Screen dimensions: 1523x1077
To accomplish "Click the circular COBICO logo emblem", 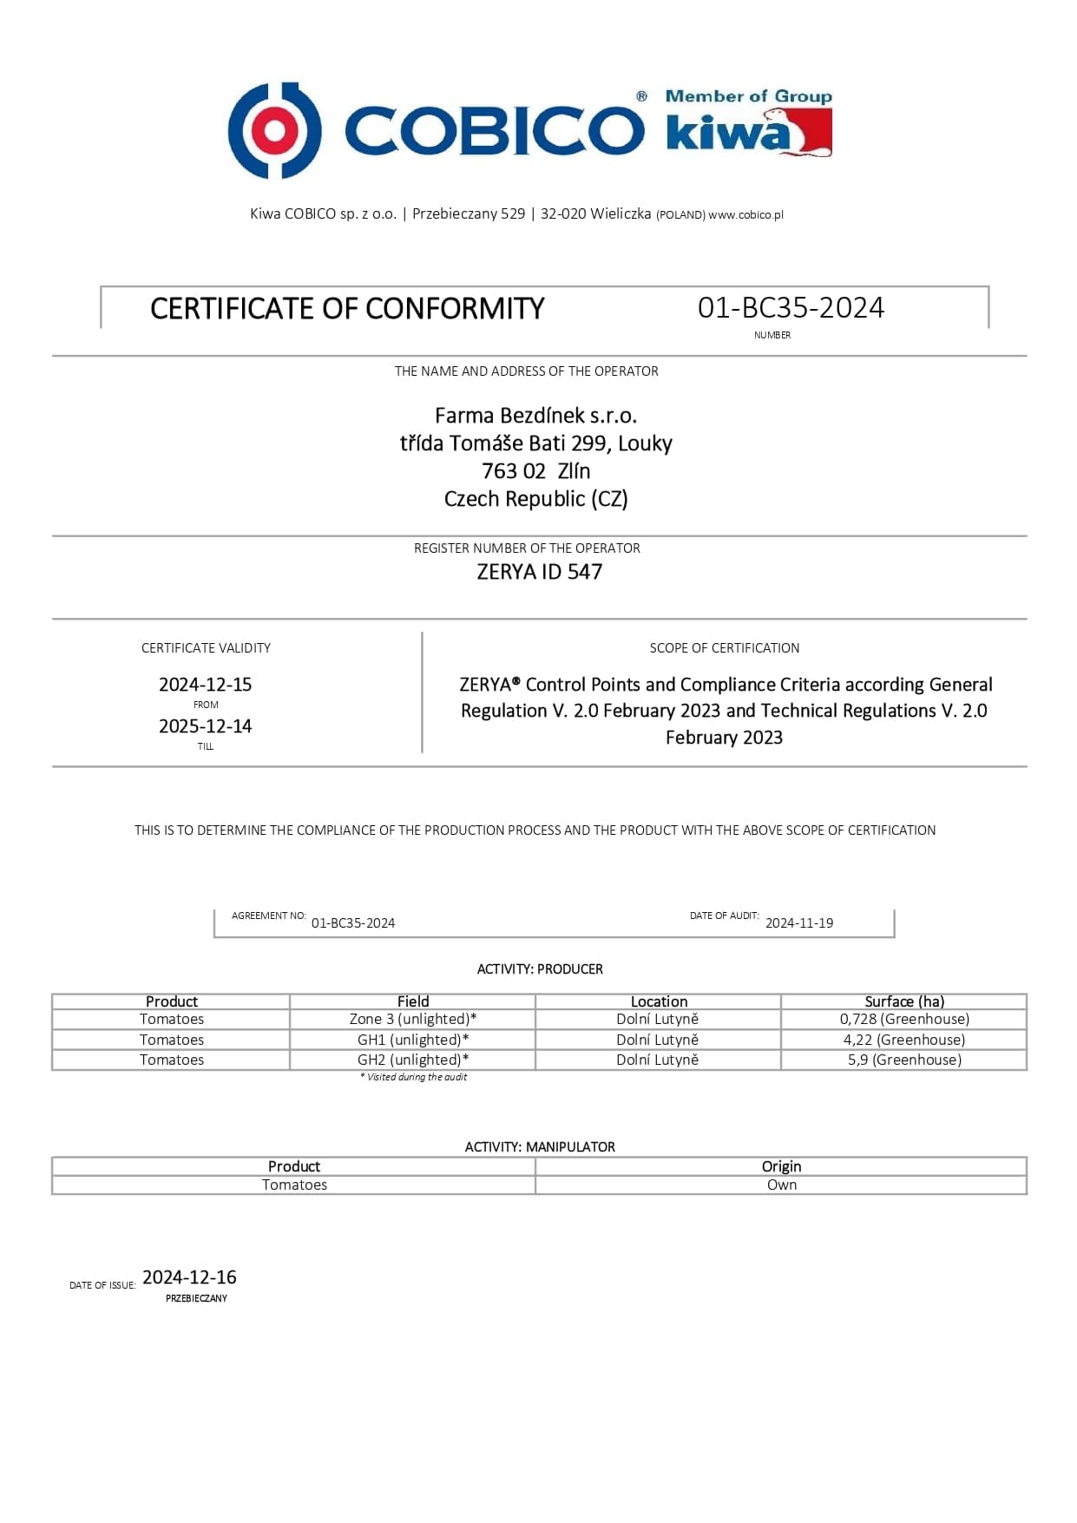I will click(x=274, y=130).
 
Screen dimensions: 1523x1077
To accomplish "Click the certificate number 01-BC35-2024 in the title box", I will click(x=791, y=308).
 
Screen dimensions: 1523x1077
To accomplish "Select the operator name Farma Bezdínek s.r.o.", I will click(x=535, y=416).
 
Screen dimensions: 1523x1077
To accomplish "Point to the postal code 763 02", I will click(x=514, y=471).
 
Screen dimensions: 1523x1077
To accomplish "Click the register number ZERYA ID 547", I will click(x=539, y=572).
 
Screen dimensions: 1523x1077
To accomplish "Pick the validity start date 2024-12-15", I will click(x=205, y=685).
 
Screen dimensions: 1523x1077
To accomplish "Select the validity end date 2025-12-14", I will click(x=205, y=726).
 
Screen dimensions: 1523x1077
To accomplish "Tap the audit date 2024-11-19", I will click(x=798, y=923).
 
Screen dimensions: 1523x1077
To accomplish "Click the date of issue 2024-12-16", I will click(x=189, y=1277).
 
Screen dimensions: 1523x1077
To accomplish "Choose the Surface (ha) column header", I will click(x=903, y=1001).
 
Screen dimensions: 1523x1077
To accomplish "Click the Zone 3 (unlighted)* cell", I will click(x=412, y=1019).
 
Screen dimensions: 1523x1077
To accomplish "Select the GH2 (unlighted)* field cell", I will click(x=412, y=1060).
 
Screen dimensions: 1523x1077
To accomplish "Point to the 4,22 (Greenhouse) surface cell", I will click(x=903, y=1040).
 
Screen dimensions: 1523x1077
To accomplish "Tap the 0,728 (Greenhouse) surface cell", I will click(x=903, y=1019).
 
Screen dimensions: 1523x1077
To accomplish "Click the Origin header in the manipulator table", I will click(x=781, y=1166).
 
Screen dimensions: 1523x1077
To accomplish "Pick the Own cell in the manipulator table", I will click(x=781, y=1185).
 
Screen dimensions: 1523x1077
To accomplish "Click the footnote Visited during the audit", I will click(x=414, y=1077).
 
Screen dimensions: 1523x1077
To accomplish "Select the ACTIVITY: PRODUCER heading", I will click(x=539, y=969).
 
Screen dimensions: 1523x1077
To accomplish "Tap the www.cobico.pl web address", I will click(x=745, y=215).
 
